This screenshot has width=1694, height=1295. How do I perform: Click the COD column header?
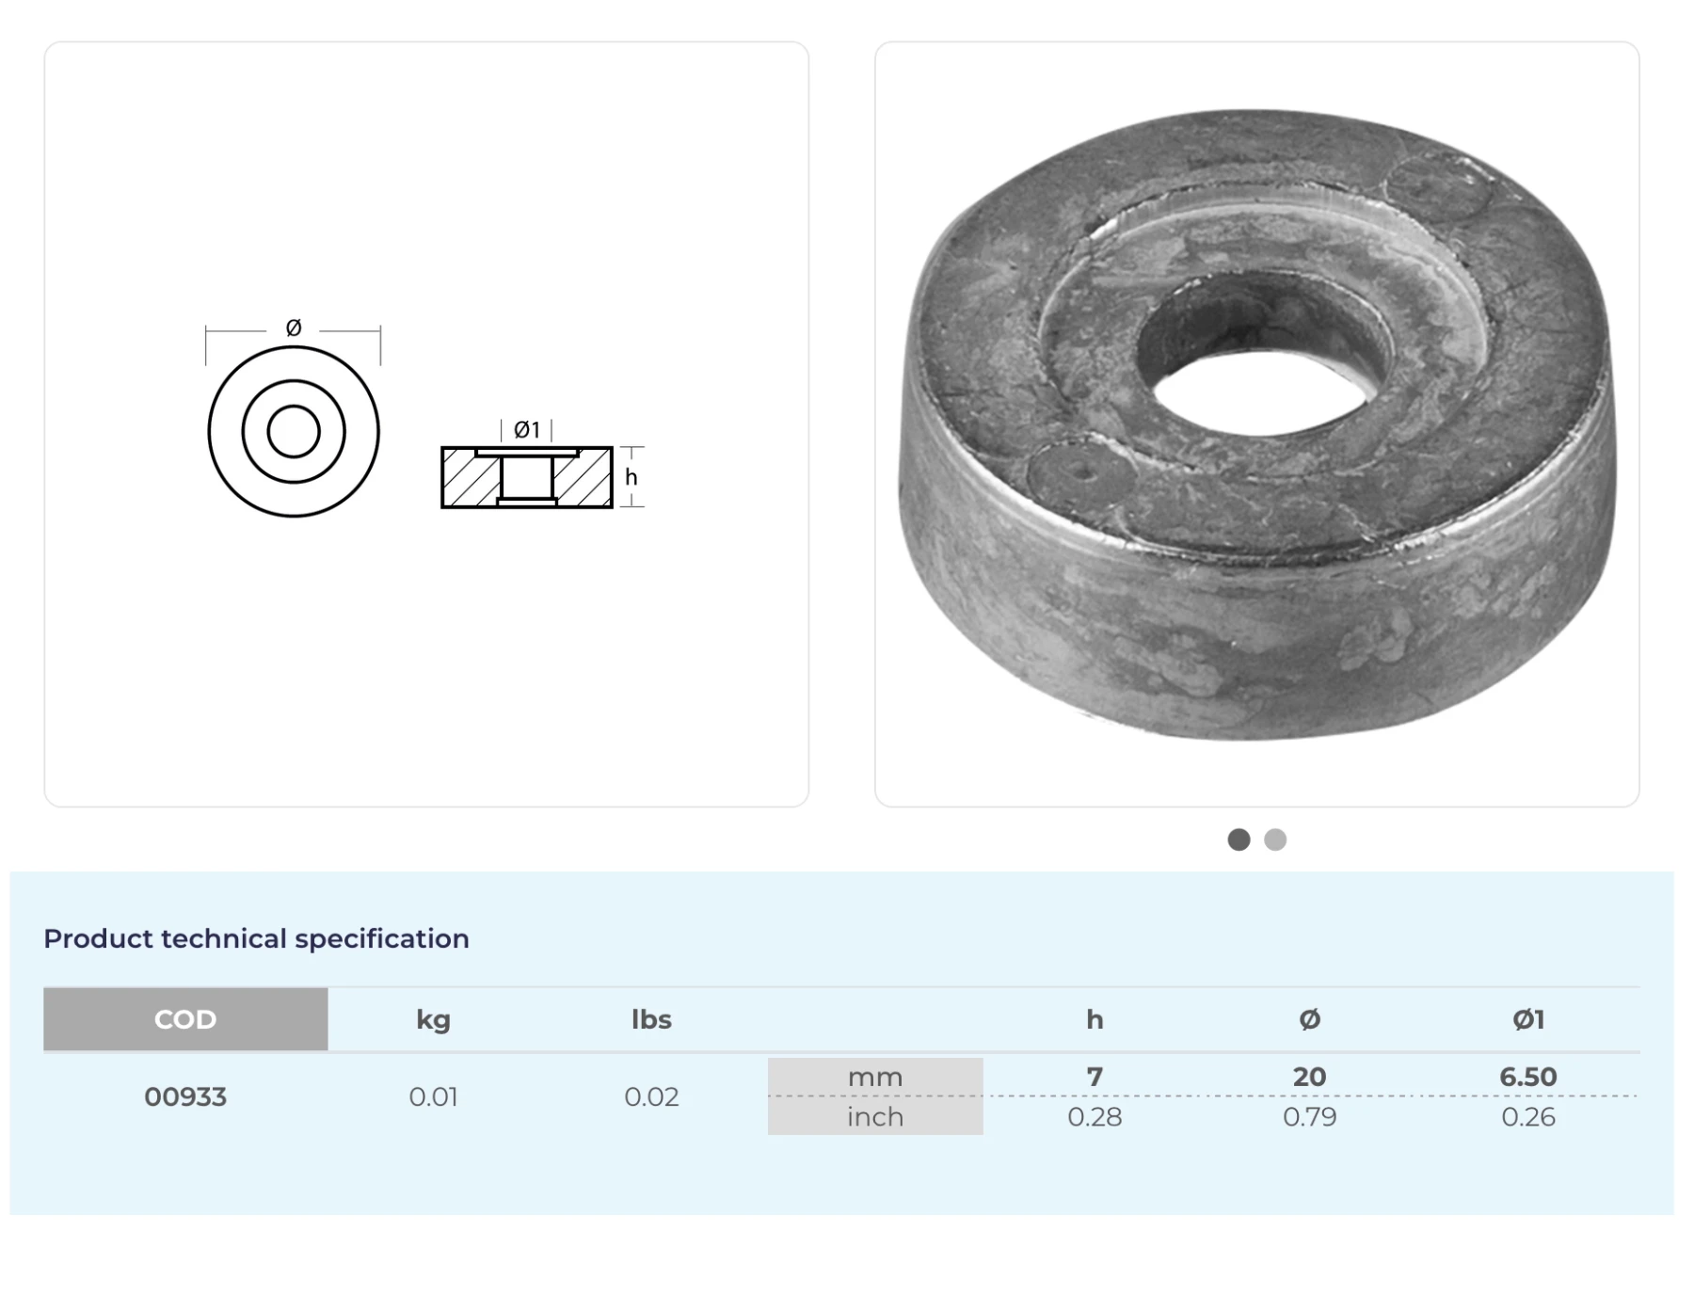click(185, 1019)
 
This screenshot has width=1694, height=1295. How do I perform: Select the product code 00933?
click(185, 1096)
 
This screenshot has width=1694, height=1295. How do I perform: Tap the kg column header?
click(433, 1020)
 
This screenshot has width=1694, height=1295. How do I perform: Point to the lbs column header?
click(651, 1019)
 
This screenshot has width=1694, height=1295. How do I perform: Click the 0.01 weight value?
click(433, 1096)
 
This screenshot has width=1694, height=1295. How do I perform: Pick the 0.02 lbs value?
click(651, 1096)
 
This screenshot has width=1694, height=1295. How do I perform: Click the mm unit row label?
click(875, 1077)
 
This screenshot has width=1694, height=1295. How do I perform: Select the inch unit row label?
click(875, 1116)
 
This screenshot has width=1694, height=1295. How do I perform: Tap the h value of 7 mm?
click(1095, 1077)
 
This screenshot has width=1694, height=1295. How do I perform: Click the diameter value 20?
click(1309, 1077)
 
